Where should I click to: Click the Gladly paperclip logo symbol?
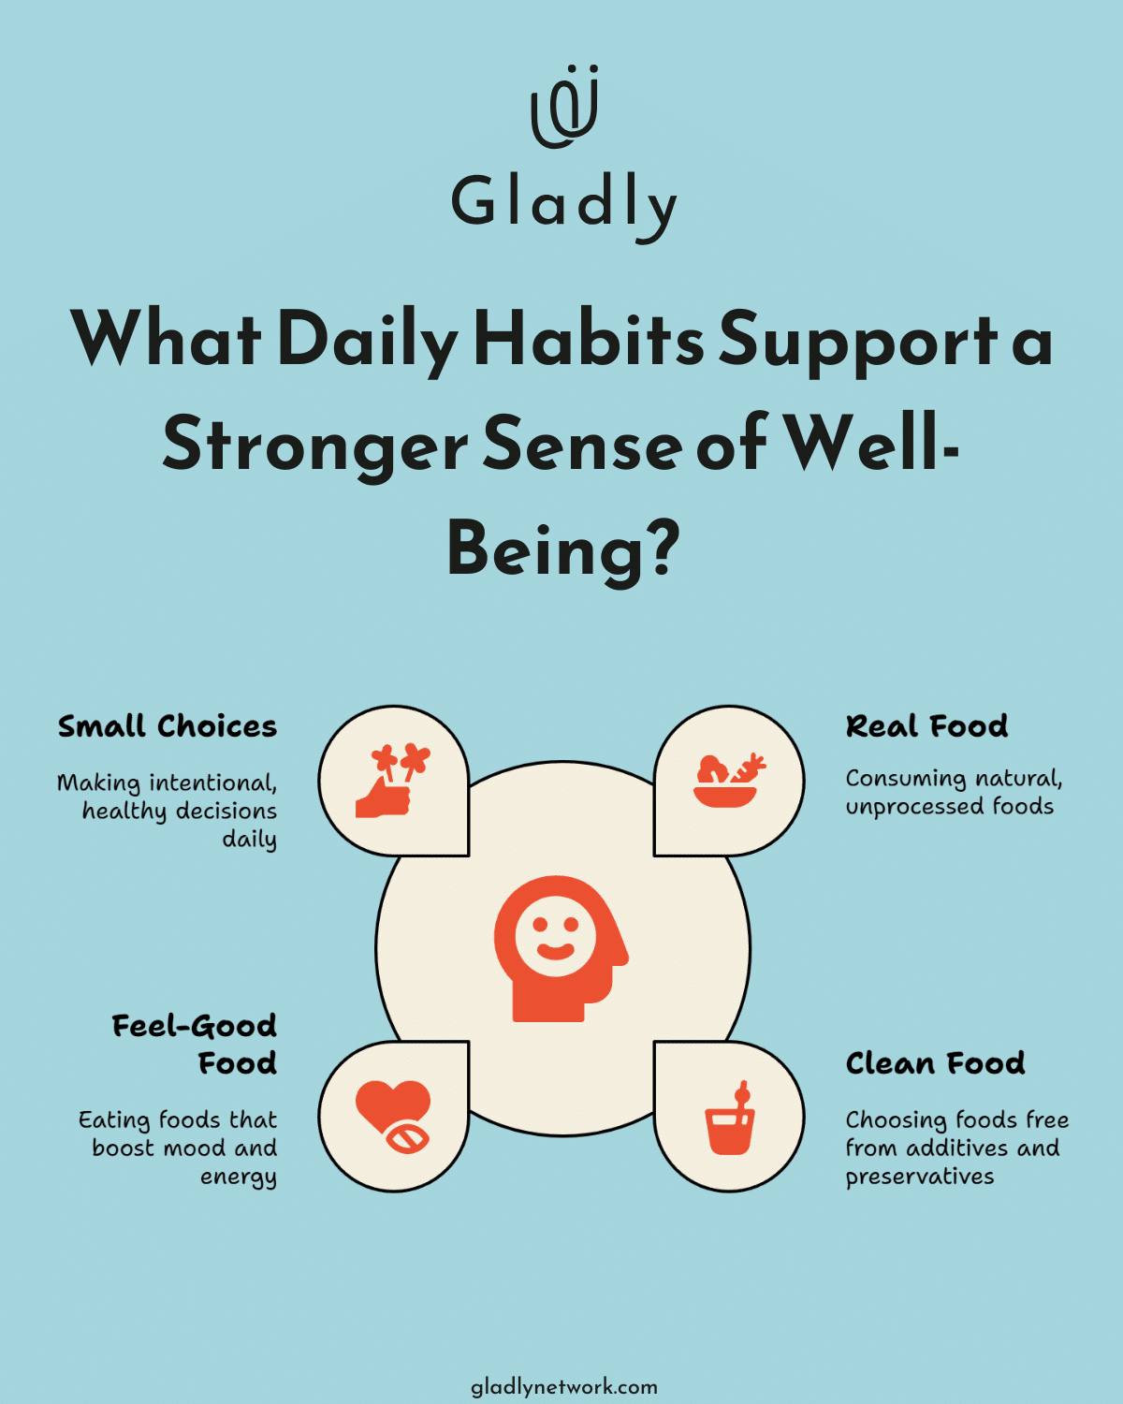pos(564,108)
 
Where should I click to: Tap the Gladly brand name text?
pos(564,203)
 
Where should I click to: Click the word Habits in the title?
pos(589,339)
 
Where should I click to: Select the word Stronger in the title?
pos(314,445)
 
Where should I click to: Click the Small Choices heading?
pos(168,726)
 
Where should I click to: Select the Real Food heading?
pos(926,726)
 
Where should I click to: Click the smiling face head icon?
pos(560,948)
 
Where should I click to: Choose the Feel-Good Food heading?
pos(195,1045)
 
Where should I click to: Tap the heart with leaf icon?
pos(393,1116)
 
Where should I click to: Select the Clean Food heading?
pos(935,1063)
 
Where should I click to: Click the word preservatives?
pos(919,1177)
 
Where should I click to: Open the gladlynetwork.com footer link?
pos(563,1387)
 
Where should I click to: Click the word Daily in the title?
pos(368,339)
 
